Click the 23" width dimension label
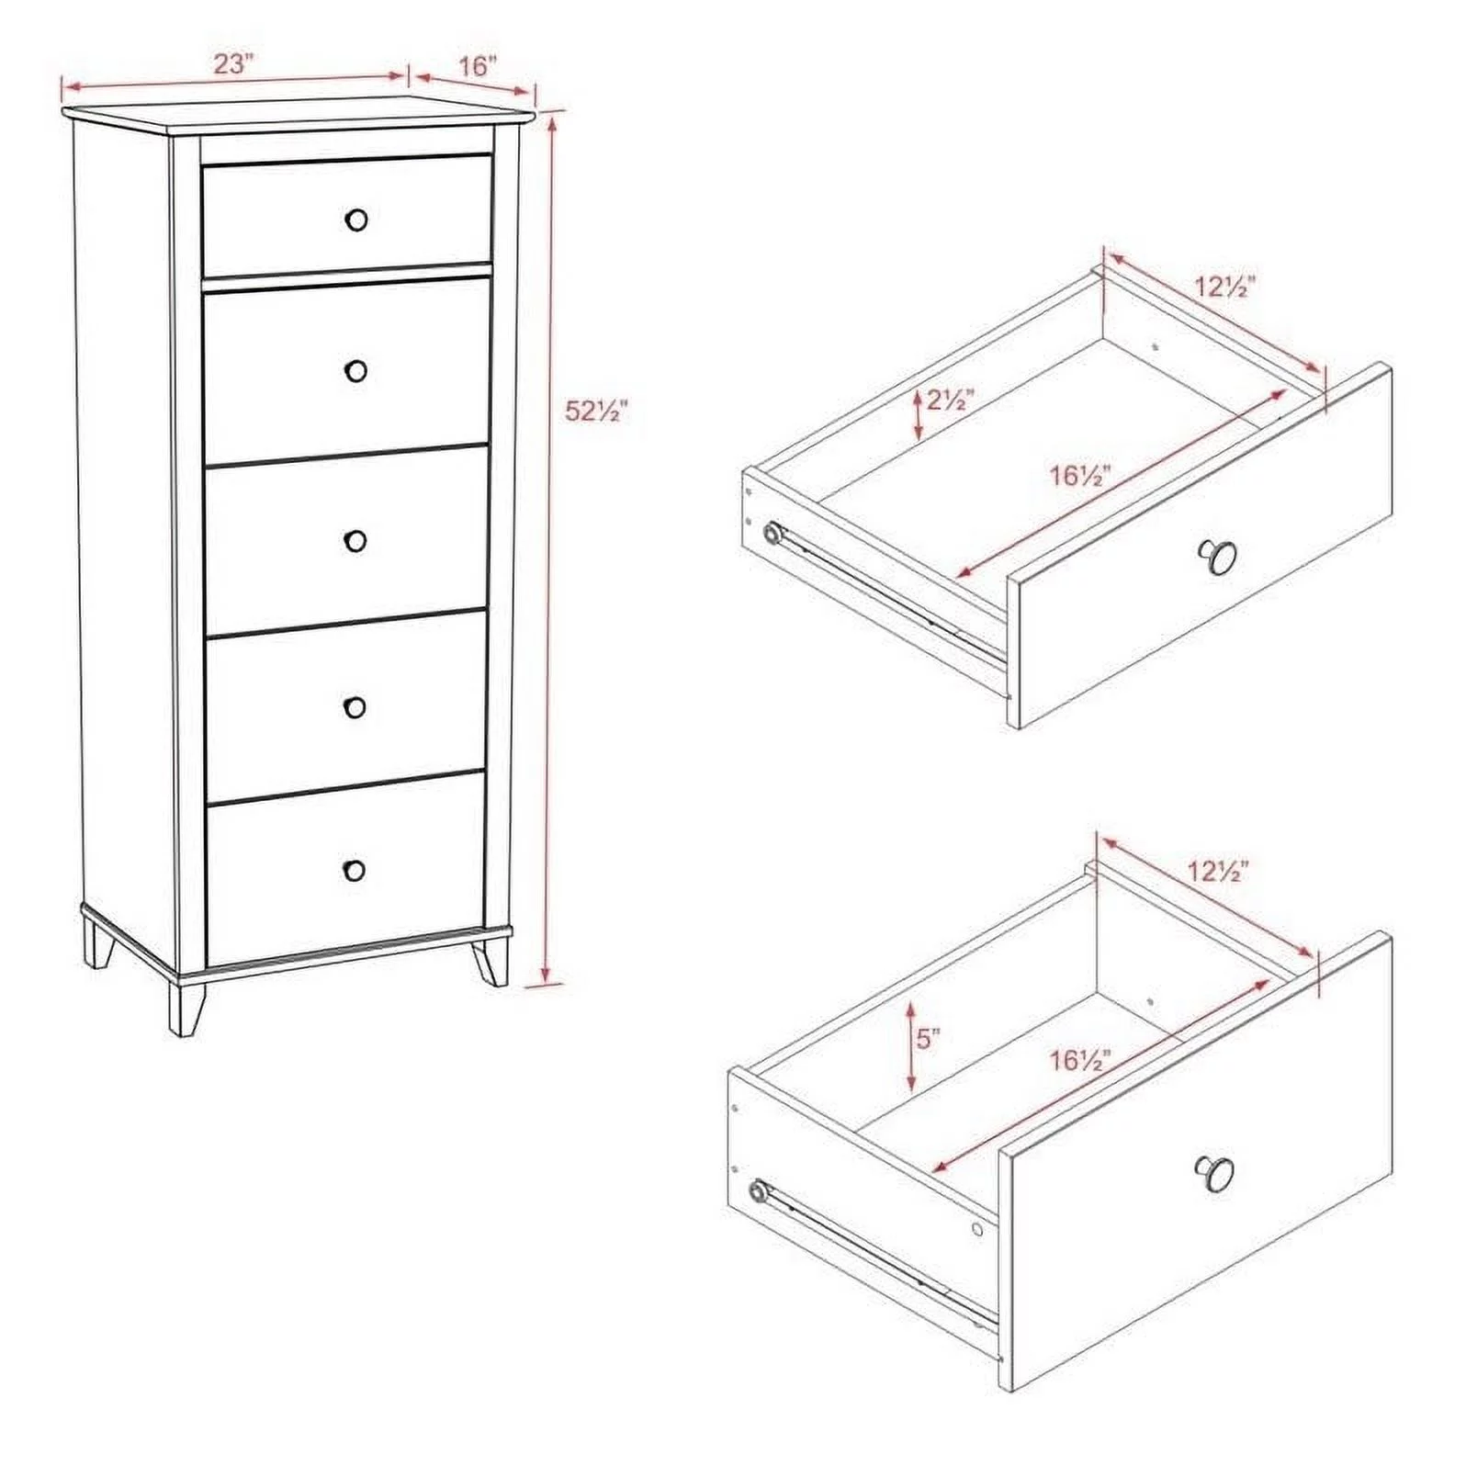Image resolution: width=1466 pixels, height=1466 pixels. coord(233,64)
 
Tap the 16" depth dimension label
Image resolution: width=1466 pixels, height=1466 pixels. coord(478,66)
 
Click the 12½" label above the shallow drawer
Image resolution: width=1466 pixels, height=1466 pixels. coord(1224,287)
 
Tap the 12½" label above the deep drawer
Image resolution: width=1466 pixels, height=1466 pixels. coord(1217,872)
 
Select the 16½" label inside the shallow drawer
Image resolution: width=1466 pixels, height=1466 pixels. coord(1082,476)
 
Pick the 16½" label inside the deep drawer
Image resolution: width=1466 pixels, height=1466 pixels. coord(1082,1059)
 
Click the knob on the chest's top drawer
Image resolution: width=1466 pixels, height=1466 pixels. coord(356,220)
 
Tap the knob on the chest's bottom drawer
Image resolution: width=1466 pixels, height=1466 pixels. coord(354,870)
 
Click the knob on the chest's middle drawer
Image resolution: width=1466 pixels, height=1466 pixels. coord(355,540)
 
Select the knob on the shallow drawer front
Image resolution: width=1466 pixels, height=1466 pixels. coord(1218,556)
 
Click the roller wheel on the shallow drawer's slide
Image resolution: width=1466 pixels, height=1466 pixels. coord(772,533)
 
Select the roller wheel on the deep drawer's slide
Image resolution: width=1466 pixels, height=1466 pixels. coord(759,1191)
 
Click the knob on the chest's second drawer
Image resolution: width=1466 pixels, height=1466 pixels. coord(356,370)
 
